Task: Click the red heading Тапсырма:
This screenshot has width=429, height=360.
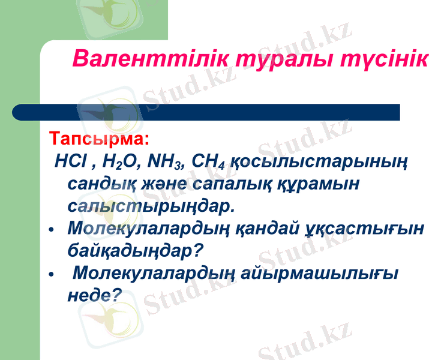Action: tap(98, 139)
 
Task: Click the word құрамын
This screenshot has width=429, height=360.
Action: tap(321, 184)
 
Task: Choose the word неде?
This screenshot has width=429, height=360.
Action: tap(95, 295)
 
